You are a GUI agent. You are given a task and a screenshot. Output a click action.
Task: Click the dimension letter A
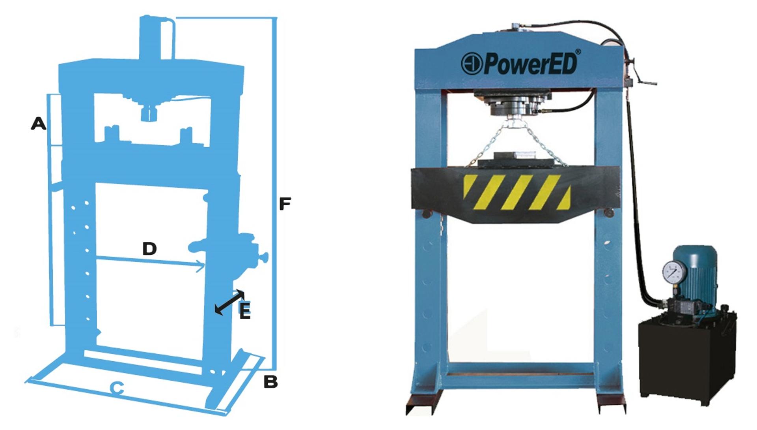(39, 124)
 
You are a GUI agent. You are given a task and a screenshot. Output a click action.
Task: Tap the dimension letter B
(270, 382)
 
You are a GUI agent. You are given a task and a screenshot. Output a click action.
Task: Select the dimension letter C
(117, 389)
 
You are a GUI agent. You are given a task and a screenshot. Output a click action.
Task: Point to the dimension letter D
(149, 249)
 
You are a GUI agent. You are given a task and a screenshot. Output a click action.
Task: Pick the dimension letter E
(245, 311)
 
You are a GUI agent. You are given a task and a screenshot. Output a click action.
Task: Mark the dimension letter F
(285, 204)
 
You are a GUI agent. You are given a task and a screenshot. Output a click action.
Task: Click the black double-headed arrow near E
(229, 302)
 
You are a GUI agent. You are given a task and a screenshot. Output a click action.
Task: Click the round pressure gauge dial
(675, 272)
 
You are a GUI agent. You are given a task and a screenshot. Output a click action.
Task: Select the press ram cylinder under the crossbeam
(513, 103)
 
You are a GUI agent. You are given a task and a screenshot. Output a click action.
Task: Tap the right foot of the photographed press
(611, 404)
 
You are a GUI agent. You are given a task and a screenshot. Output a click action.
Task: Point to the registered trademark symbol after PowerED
(578, 52)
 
